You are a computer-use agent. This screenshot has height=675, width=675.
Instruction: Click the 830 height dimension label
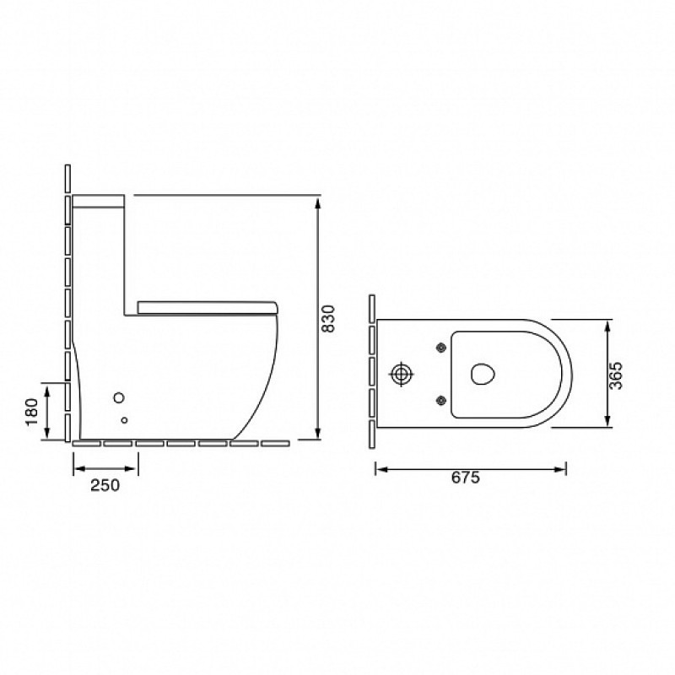pyautogui.click(x=328, y=318)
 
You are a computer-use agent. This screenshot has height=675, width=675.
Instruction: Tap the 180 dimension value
pyautogui.click(x=32, y=412)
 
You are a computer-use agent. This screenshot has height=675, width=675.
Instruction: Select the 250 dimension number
pyautogui.click(x=105, y=485)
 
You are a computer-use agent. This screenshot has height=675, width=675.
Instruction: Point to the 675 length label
pyautogui.click(x=466, y=478)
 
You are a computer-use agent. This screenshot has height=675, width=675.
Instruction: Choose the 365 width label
pyautogui.click(x=616, y=375)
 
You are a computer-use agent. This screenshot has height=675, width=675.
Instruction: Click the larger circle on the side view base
pyautogui.click(x=119, y=397)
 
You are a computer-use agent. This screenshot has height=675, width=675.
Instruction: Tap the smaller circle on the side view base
pyautogui.click(x=124, y=420)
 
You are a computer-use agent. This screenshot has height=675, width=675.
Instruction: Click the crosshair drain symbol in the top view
pyautogui.click(x=402, y=374)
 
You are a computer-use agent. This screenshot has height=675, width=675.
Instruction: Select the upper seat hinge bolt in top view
pyautogui.click(x=440, y=348)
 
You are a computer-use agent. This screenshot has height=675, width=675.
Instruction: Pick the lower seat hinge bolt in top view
pyautogui.click(x=440, y=402)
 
